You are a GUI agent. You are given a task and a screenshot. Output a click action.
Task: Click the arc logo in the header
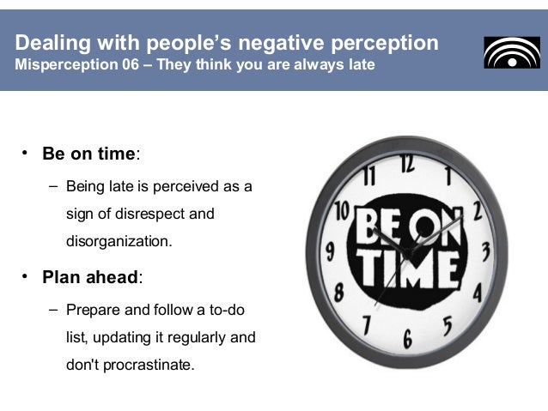coord(512,52)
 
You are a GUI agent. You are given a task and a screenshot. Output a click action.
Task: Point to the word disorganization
coord(119,241)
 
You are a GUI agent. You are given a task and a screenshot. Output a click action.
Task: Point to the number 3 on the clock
coord(485,251)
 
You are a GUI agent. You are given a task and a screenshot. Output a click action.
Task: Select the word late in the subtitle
coord(361,65)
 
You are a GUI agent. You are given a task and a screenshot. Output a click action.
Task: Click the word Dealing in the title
coord(50,43)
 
